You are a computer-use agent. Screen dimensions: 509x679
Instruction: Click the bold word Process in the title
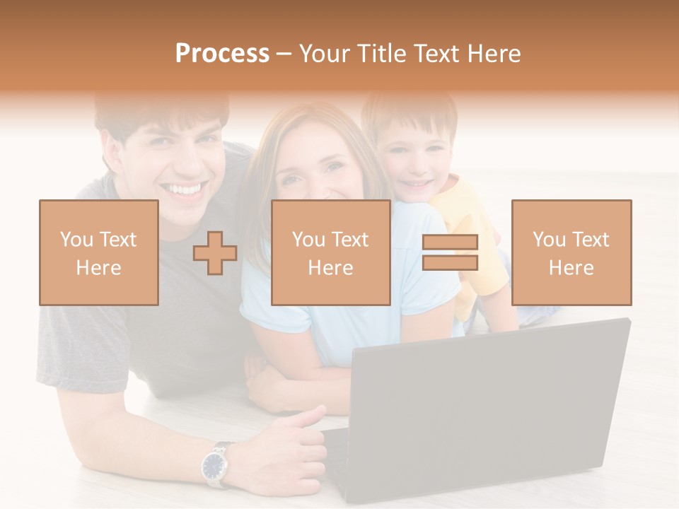[222, 54]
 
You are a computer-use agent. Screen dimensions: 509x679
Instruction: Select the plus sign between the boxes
[215, 252]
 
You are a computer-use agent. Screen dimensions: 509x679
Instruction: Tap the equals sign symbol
[450, 252]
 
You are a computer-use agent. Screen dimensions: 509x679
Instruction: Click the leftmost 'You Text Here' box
[99, 252]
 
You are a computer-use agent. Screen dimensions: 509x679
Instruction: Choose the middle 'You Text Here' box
[330, 252]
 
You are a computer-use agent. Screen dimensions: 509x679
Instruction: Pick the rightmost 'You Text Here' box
[571, 252]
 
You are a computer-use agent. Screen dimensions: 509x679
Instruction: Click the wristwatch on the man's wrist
[214, 464]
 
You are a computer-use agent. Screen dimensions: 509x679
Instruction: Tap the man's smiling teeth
[183, 189]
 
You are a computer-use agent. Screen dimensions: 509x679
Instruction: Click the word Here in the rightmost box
[571, 267]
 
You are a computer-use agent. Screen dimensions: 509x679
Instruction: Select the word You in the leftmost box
[75, 239]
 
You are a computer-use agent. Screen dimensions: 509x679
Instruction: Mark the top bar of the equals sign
[450, 242]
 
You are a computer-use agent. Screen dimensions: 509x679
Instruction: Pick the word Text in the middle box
[349, 239]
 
